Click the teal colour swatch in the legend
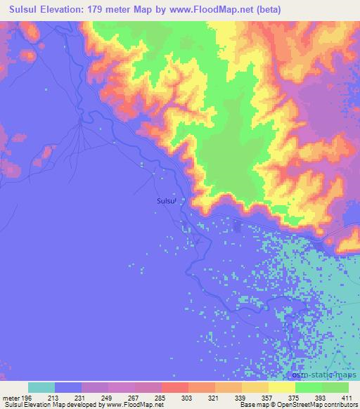41,387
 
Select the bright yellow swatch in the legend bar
282,387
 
